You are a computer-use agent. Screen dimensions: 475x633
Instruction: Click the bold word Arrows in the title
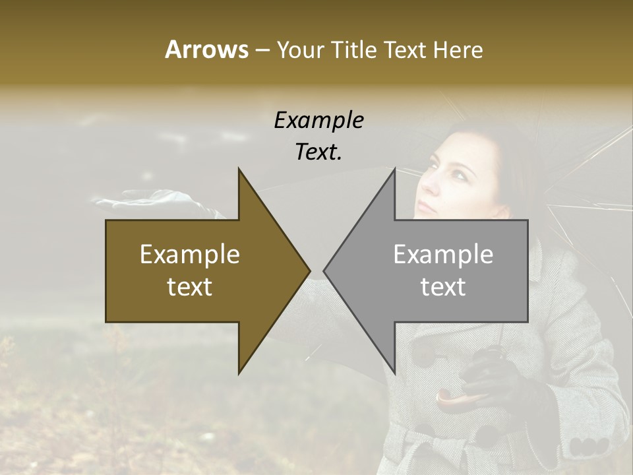206,49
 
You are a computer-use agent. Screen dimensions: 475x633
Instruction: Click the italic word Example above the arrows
318,121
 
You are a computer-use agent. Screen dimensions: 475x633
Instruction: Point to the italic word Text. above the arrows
318,152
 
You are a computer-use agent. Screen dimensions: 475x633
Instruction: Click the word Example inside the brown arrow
190,254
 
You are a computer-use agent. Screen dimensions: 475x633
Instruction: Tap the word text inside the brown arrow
190,287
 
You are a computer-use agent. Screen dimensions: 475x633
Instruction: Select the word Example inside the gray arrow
443,254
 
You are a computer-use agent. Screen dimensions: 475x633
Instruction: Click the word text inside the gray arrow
443,287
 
